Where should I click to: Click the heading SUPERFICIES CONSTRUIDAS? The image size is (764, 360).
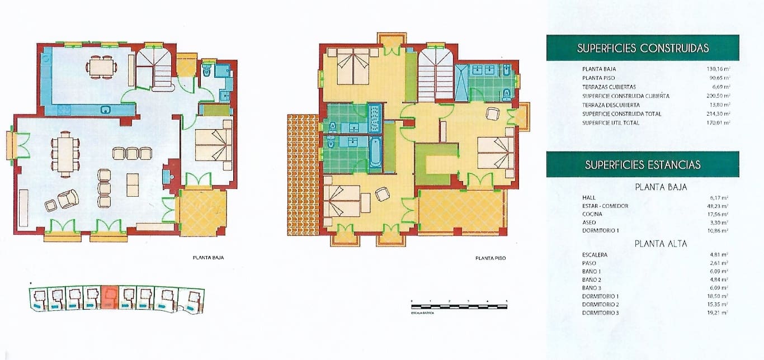click(x=643, y=48)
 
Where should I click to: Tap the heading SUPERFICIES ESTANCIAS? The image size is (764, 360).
click(x=643, y=164)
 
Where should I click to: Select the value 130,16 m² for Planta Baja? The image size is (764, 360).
click(x=718, y=69)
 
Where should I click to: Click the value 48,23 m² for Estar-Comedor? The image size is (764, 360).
click(x=719, y=206)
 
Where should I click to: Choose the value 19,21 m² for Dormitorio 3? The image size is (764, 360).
click(x=719, y=312)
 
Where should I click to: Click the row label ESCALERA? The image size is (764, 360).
click(x=595, y=255)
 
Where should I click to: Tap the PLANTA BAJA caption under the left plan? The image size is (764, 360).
click(x=208, y=258)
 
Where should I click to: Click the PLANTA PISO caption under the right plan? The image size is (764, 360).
click(x=491, y=258)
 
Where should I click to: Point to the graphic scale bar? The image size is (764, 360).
click(x=459, y=306)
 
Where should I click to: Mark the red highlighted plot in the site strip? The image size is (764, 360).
click(x=110, y=297)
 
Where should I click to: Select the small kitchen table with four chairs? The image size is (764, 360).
click(x=102, y=67)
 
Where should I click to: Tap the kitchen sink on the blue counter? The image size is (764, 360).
click(x=105, y=110)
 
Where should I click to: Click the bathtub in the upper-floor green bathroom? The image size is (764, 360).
click(x=375, y=152)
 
